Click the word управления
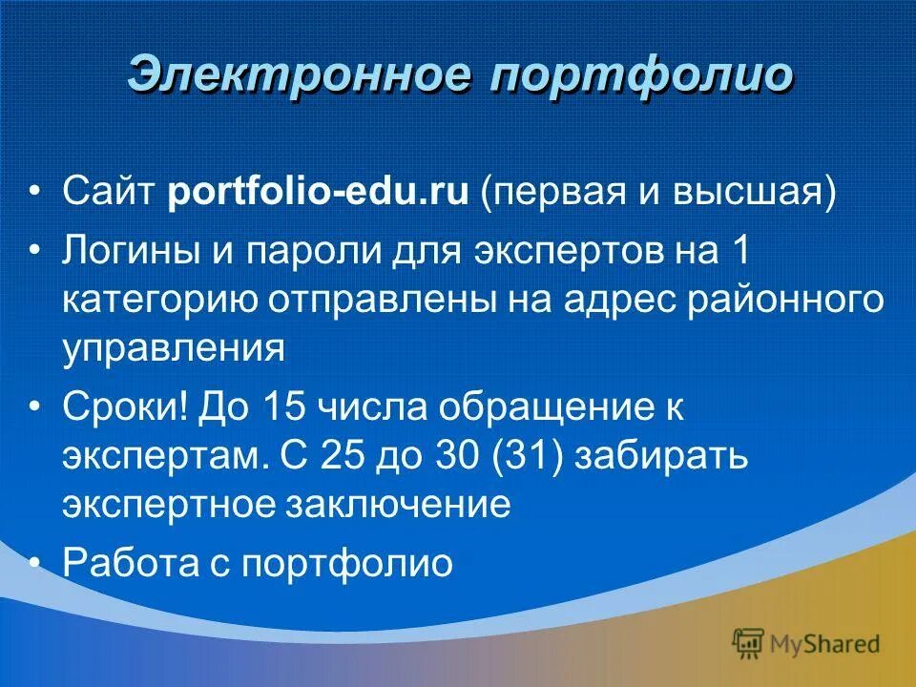pos(174,347)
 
